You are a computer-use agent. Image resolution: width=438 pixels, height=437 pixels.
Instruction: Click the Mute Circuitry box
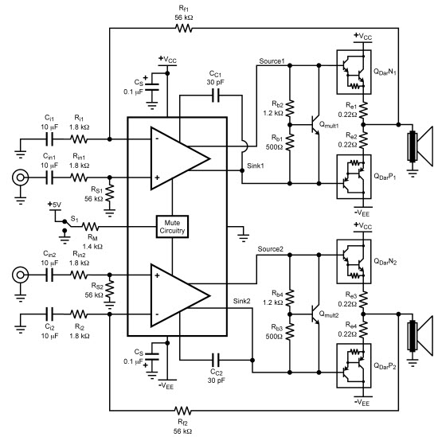click(172, 226)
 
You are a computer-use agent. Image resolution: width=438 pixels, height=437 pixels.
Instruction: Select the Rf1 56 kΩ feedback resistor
click(183, 28)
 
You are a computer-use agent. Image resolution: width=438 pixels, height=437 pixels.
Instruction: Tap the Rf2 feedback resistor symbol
click(182, 411)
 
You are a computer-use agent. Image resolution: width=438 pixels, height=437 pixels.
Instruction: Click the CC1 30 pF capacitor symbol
click(216, 96)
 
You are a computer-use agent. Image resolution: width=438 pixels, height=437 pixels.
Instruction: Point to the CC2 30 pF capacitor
click(216, 360)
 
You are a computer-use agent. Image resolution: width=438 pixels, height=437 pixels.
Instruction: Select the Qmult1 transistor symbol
click(315, 125)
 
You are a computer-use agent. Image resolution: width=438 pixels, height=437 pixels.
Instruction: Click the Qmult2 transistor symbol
click(315, 314)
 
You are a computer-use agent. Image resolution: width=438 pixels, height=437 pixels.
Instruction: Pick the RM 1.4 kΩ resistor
click(91, 226)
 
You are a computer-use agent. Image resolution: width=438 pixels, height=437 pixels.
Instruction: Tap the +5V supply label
click(54, 205)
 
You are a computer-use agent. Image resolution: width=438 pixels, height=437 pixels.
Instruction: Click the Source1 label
click(272, 60)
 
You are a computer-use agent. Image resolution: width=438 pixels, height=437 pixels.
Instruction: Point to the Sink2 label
click(241, 301)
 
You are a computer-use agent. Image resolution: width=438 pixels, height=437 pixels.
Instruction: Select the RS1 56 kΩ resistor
click(110, 193)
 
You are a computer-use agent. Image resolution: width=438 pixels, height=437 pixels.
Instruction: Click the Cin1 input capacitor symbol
click(49, 178)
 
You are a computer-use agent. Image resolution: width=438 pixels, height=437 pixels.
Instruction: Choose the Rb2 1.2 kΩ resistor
click(290, 108)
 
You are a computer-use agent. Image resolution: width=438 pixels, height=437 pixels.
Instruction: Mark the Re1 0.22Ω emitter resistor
click(363, 110)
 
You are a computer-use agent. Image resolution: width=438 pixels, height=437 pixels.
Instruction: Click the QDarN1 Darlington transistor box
click(354, 72)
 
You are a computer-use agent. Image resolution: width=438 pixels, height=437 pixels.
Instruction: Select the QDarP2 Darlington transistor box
click(354, 365)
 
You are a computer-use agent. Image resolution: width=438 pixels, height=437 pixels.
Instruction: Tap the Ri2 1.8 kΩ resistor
click(79, 314)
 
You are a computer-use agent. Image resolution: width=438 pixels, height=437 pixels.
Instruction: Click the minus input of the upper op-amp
click(157, 139)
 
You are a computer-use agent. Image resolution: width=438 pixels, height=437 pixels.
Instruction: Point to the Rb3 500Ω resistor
click(290, 331)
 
